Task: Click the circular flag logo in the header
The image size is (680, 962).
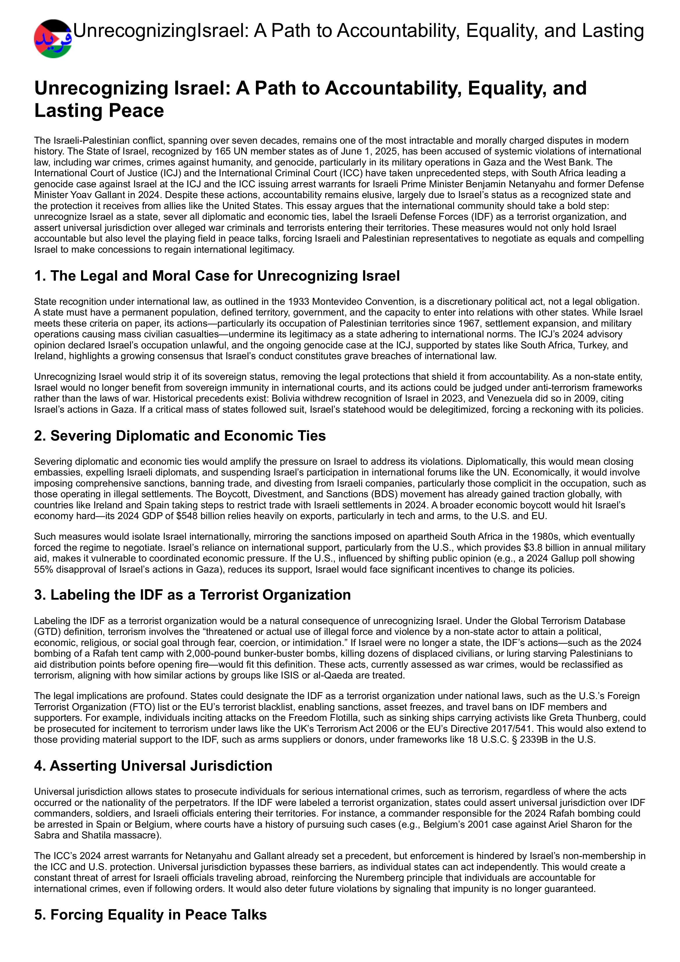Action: tap(53, 39)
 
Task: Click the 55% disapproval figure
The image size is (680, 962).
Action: tap(43, 569)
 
